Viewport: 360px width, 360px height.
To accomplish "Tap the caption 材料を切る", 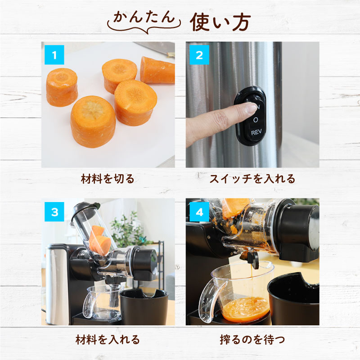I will pyautogui.click(x=108, y=179).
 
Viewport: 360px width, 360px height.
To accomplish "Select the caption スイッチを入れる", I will pyautogui.click(x=252, y=179).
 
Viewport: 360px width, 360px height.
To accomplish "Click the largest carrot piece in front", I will pyautogui.click(x=93, y=120).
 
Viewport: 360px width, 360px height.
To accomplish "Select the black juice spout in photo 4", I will pyautogui.click(x=250, y=259).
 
